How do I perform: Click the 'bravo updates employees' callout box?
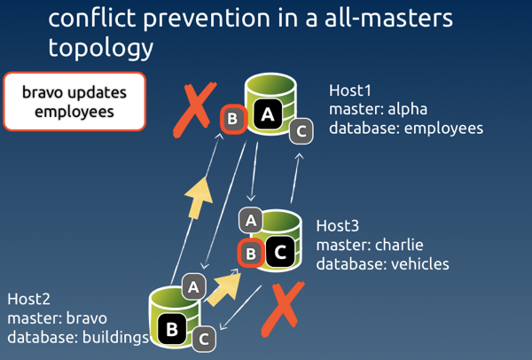[x=74, y=102]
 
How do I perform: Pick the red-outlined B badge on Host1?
[x=232, y=119]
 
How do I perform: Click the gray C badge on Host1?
[x=301, y=131]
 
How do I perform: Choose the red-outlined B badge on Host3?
[x=250, y=254]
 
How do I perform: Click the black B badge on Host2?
[x=172, y=330]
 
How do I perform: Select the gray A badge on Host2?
[x=195, y=285]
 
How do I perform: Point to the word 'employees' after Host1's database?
[x=442, y=129]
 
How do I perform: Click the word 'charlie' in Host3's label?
[x=400, y=244]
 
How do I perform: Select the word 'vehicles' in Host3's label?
[x=419, y=263]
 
